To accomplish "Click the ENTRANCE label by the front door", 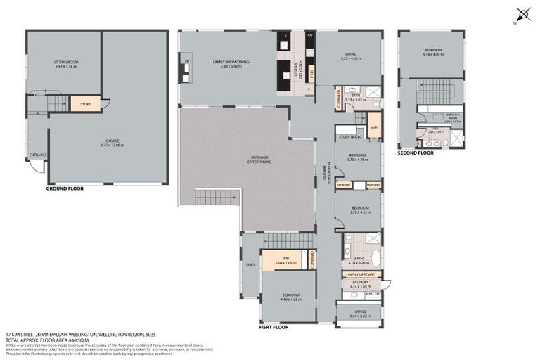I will point(37,155).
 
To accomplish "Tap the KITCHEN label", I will point(300,70).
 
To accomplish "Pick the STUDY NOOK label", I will point(349,137).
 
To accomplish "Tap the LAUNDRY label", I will point(360,282).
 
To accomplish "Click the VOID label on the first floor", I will point(250,266).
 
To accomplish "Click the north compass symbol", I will point(522,14).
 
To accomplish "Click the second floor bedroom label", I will point(432,51).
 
